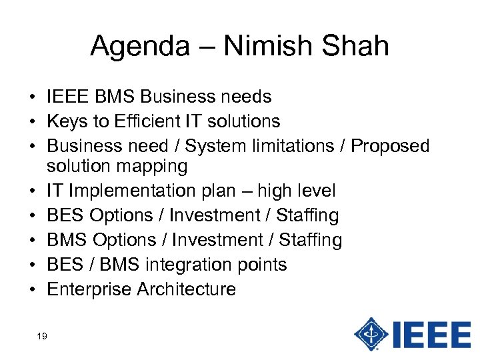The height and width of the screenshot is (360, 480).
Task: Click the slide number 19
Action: point(42,337)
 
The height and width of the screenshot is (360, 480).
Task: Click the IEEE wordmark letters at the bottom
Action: point(431,333)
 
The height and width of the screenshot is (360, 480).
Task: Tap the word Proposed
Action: point(390,145)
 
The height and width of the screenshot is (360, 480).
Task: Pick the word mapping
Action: point(153,165)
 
